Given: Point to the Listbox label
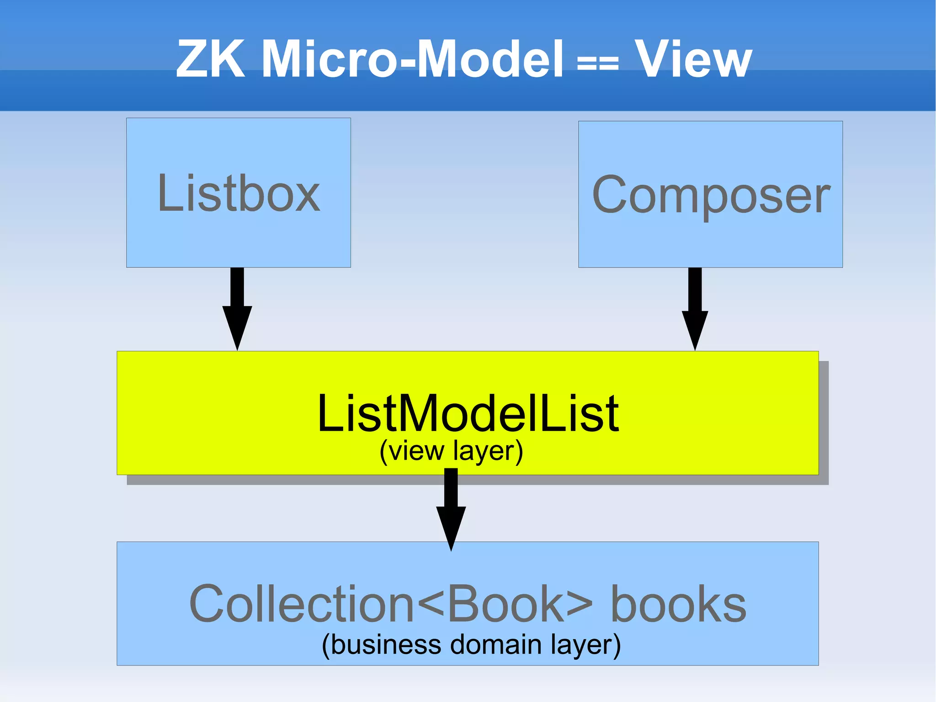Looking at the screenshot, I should pos(239,194).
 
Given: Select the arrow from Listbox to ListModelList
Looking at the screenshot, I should pos(237,306).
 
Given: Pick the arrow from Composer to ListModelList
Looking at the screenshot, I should pos(695,306).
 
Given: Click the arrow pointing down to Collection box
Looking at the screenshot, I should pos(451,508).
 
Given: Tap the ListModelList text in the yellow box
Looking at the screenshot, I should pos(468,414).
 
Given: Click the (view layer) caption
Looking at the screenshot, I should pos(451,451).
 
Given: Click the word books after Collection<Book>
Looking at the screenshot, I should pos(678,604).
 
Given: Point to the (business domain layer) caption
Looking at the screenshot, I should pos(471,645).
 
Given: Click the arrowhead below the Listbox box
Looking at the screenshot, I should pos(237,327).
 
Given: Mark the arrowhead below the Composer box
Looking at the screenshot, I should pos(695,329).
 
